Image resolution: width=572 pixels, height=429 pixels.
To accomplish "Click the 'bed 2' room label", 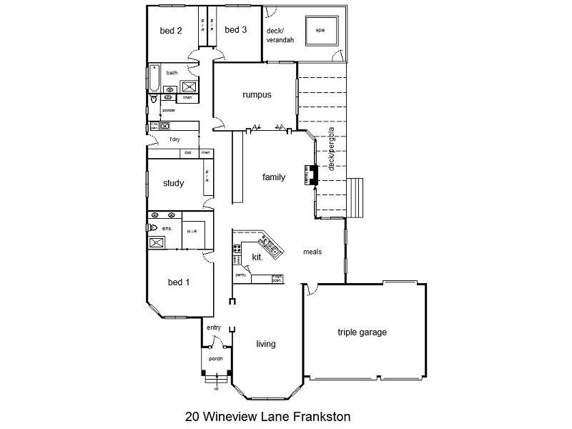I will tap(170, 31).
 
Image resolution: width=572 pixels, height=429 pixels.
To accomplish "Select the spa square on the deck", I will tap(320, 31).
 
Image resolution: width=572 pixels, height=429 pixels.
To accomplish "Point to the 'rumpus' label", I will tap(255, 94).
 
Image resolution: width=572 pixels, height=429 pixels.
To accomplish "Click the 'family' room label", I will tap(273, 177).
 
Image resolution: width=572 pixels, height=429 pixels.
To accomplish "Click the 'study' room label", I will tap(173, 183).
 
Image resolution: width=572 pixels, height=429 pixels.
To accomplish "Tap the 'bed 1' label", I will tap(178, 282).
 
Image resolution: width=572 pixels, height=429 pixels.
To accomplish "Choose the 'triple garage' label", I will tap(362, 332).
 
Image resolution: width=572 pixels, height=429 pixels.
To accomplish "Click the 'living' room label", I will tap(266, 344).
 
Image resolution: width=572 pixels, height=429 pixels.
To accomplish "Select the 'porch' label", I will tap(215, 359).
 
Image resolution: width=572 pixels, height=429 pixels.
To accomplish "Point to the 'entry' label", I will tap(214, 328).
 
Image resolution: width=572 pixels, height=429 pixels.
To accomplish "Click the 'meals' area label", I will tap(312, 252).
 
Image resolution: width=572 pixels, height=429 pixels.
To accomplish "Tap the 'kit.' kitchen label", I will tap(257, 256).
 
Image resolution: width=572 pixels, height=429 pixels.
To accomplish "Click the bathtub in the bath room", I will tap(152, 79).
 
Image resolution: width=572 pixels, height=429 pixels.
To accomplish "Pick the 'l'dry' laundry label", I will tap(174, 139).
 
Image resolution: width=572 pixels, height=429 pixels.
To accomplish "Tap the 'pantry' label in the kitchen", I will tap(240, 274).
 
